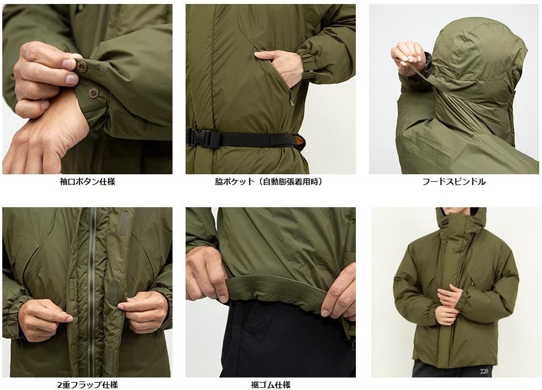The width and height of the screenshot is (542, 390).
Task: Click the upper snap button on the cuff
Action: (82, 66)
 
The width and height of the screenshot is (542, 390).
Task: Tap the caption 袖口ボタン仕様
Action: (87, 182)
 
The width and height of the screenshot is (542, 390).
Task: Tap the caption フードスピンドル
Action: (453, 182)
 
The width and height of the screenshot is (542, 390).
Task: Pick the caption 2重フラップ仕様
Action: (87, 384)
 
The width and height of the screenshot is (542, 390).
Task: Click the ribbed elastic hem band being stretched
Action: (276, 290)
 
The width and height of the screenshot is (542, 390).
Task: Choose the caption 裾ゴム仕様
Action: (271, 384)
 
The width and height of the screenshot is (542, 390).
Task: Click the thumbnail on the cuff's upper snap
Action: (69, 64)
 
